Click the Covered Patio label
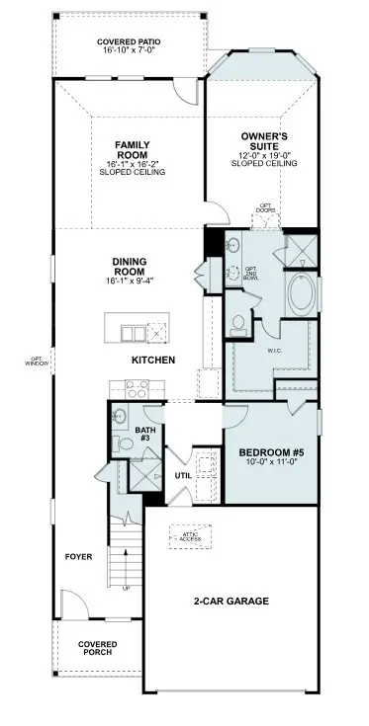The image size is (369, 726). (x=129, y=40)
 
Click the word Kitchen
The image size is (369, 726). (x=153, y=360)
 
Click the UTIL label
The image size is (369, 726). (x=183, y=475)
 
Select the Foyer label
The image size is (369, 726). (x=79, y=557)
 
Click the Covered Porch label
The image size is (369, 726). (x=97, y=647)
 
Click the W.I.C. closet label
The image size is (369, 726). (x=275, y=350)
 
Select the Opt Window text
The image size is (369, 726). (x=36, y=361)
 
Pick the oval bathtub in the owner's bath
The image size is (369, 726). (x=302, y=294)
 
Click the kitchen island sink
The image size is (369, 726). (x=129, y=329)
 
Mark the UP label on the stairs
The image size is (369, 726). (x=125, y=589)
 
